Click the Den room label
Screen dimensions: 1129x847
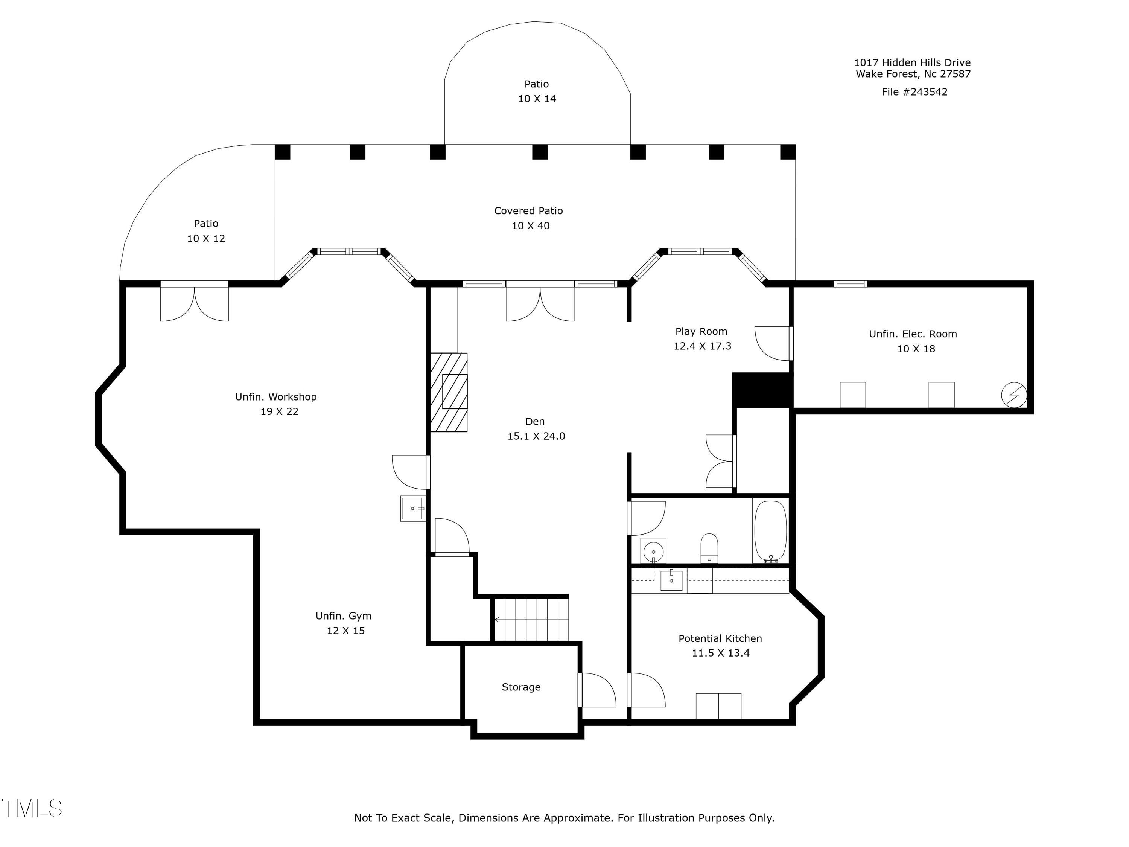click(535, 421)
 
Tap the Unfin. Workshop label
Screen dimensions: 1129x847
click(275, 397)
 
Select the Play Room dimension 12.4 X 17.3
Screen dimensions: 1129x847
click(702, 346)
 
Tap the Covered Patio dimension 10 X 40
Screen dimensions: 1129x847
click(531, 225)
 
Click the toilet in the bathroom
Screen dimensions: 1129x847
click(709, 548)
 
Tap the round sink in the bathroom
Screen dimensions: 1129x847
click(653, 551)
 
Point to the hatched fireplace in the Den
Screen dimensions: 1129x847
click(449, 392)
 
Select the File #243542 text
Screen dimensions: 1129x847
click(914, 92)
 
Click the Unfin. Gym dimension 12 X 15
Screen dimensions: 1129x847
click(345, 631)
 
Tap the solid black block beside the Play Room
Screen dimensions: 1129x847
click(762, 390)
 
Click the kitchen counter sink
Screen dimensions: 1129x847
click(671, 580)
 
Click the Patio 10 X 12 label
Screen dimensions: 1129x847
click(206, 231)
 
